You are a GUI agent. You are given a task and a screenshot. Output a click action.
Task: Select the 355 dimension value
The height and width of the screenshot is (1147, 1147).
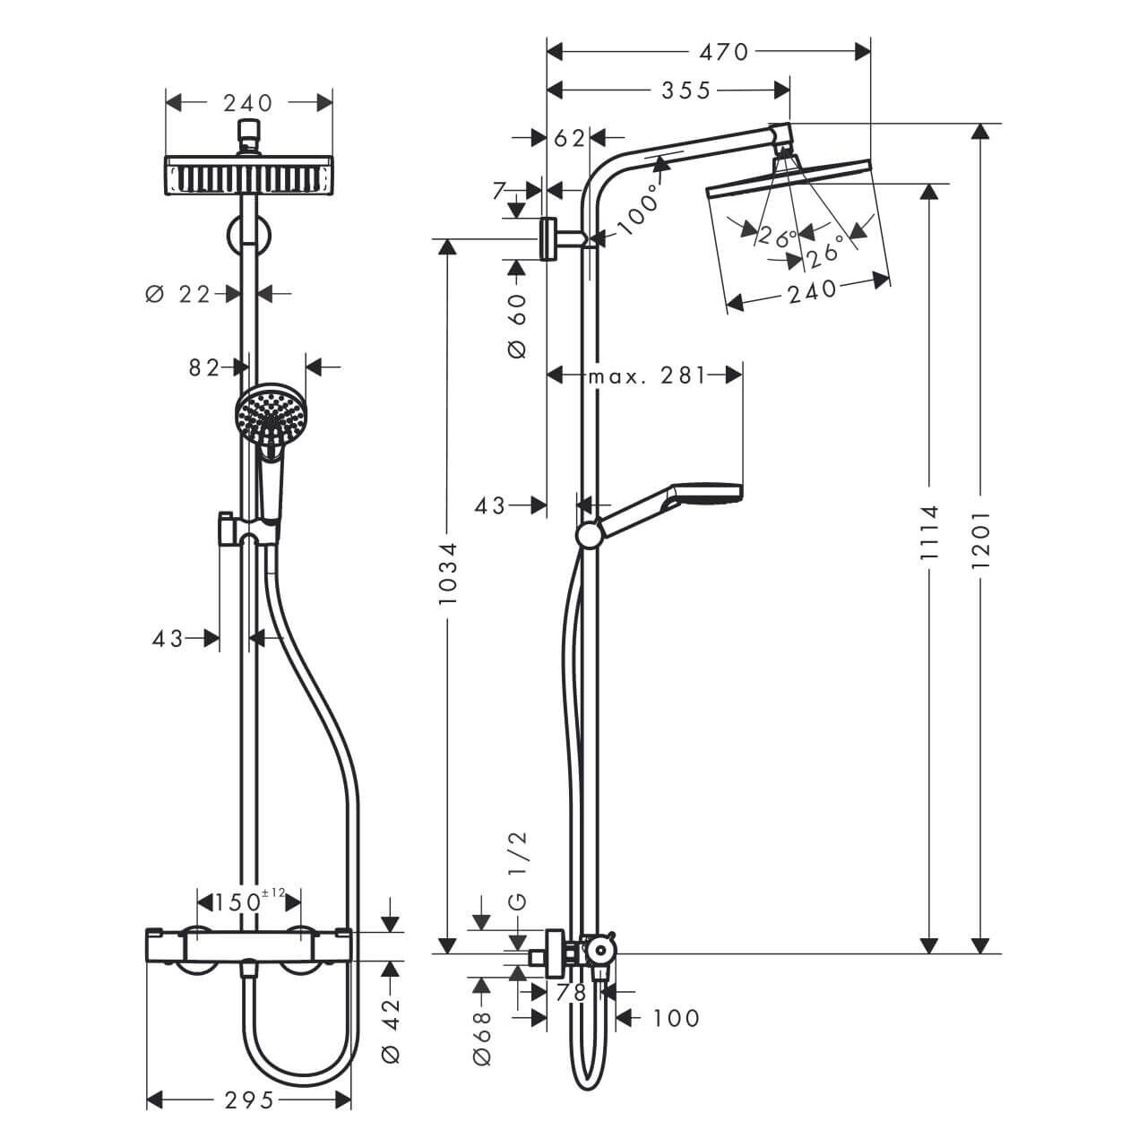(x=686, y=90)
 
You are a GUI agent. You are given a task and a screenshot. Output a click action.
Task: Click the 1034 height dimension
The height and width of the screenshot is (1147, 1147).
(x=447, y=571)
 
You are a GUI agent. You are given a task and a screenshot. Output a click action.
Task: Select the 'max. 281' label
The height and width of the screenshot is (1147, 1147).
(x=647, y=375)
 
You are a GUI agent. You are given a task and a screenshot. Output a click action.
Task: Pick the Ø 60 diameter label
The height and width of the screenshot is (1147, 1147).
(x=518, y=324)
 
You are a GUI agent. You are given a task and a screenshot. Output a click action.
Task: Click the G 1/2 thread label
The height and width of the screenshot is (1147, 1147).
(x=518, y=870)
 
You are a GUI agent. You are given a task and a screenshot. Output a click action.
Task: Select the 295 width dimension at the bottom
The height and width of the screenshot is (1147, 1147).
(x=248, y=1100)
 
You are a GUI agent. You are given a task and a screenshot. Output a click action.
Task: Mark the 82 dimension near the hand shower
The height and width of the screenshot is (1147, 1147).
(x=204, y=367)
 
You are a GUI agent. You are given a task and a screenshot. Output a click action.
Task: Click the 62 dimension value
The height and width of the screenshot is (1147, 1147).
(x=569, y=138)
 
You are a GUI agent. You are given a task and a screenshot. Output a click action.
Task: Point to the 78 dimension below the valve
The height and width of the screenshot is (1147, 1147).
(x=571, y=992)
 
